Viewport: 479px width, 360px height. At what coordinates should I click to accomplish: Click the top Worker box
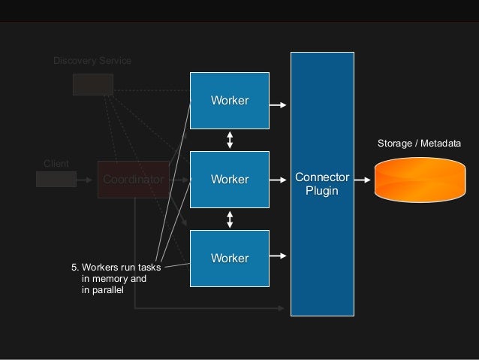coord(229,101)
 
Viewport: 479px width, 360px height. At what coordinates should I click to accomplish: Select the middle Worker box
coord(229,180)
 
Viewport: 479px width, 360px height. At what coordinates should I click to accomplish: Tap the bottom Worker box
coord(229,258)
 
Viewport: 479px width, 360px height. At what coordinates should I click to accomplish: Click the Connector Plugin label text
coord(322,184)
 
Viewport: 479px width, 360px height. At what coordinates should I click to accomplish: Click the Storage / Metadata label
coord(418,143)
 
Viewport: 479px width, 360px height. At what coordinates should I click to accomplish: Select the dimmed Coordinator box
coord(133,180)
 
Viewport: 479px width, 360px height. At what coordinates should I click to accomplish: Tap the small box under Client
coord(56,179)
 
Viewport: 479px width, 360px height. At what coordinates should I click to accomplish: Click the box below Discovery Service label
coord(93,84)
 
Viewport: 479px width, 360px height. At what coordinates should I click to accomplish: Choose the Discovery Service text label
coord(92,60)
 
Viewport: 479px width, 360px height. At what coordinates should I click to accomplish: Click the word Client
coord(56,163)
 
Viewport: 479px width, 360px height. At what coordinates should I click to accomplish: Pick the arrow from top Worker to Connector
coord(278,105)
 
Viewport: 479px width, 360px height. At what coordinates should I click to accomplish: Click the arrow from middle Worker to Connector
coord(278,180)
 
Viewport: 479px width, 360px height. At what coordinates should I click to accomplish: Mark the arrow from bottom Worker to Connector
coord(278,256)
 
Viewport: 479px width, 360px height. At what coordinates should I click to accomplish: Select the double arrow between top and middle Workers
coord(230,140)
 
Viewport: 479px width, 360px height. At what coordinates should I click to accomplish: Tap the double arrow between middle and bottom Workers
coord(230,219)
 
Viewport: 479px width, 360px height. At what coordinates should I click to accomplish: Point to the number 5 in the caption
coord(74,267)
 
